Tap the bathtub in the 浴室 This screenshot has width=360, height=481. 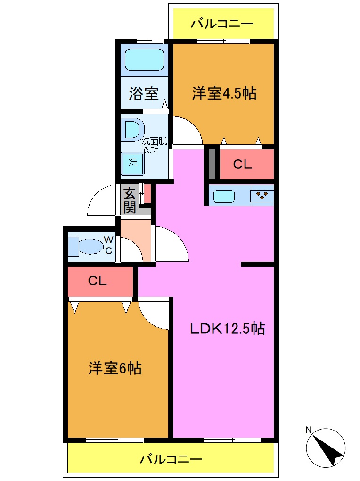point(144,60)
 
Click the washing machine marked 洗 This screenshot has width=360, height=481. point(133,163)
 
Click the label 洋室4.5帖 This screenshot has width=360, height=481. point(224,93)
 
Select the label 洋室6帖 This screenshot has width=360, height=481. point(115,368)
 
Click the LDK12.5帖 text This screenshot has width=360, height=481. point(227,328)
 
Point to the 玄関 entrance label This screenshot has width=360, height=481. point(129,200)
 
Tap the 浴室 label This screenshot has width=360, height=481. point(143,94)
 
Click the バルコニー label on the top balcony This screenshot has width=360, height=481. point(222,24)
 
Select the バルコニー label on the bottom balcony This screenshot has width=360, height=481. point(171,459)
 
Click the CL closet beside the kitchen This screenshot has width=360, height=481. point(243,165)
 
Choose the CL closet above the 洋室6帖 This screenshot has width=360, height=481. point(98,282)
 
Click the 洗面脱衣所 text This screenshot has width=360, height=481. point(155,145)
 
